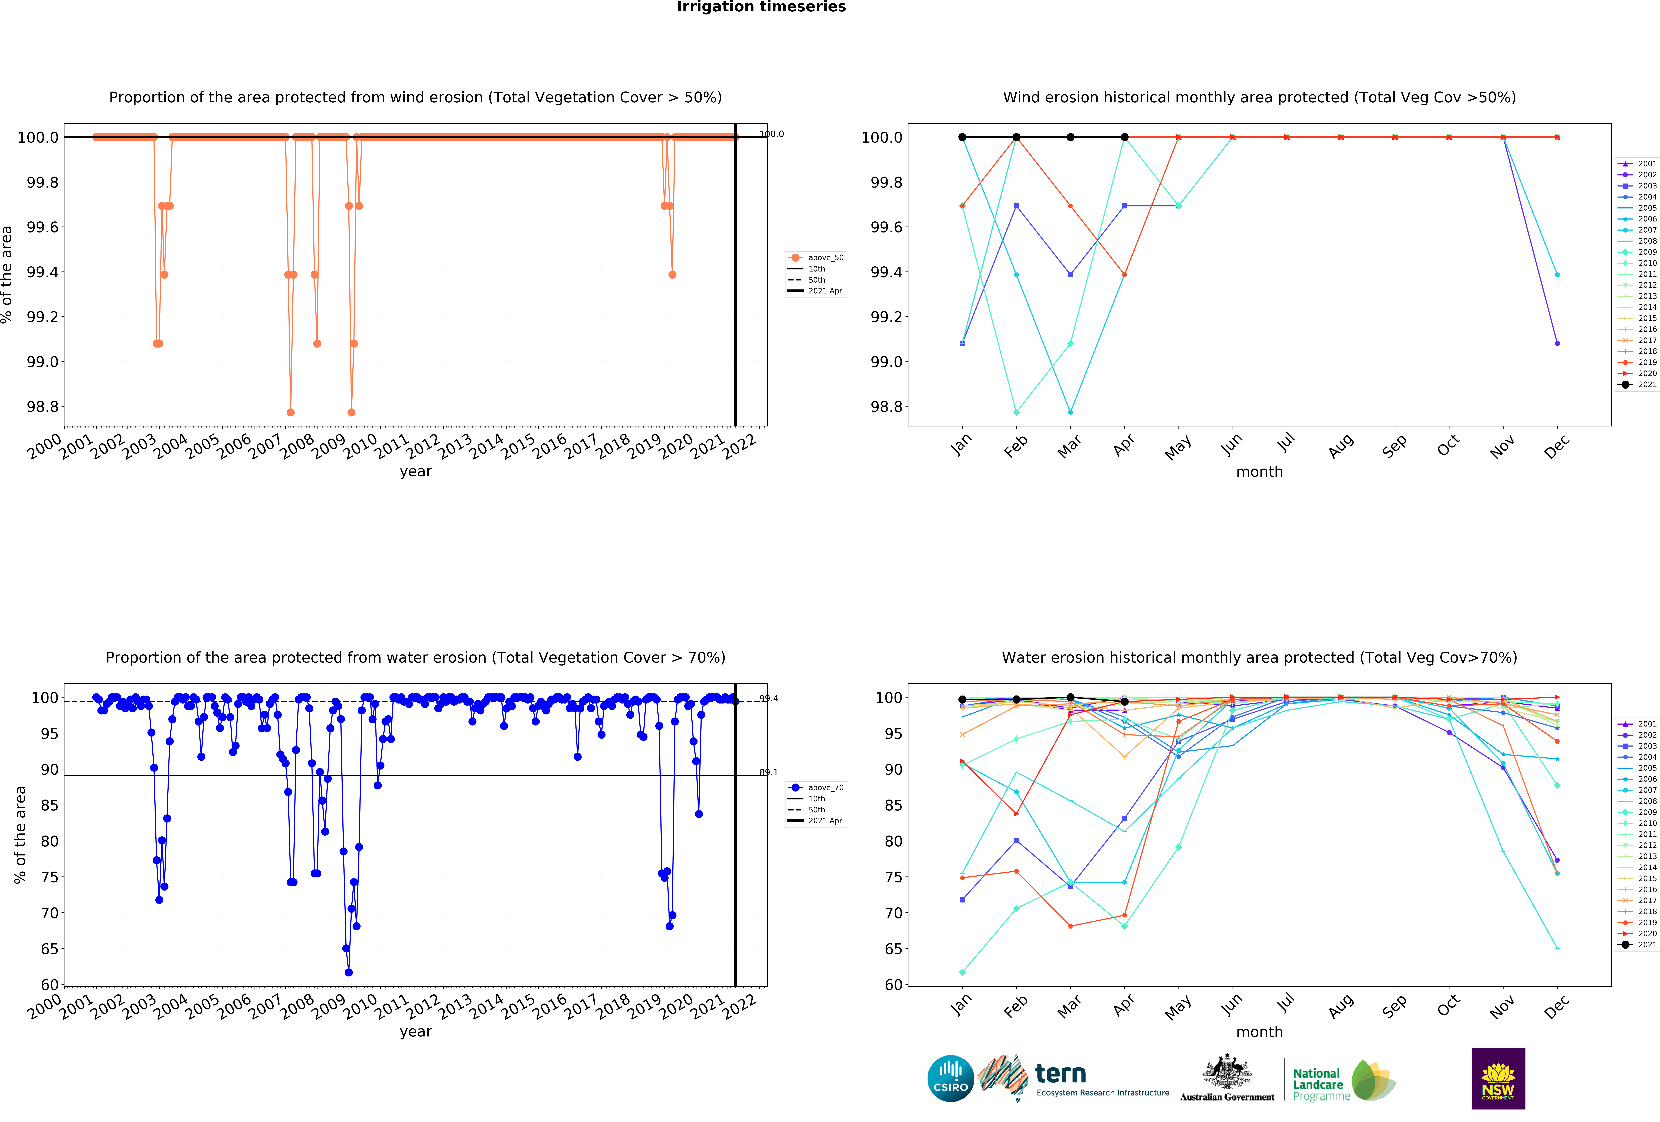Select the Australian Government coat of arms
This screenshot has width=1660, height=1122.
1226,1071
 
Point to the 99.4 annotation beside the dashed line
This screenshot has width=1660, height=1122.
769,698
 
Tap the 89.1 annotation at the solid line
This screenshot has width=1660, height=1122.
769,772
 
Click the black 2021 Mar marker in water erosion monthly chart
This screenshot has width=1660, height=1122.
1070,697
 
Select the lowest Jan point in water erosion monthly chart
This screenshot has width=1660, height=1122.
962,972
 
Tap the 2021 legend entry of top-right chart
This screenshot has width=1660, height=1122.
1641,384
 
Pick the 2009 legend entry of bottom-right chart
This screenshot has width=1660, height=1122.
1641,812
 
